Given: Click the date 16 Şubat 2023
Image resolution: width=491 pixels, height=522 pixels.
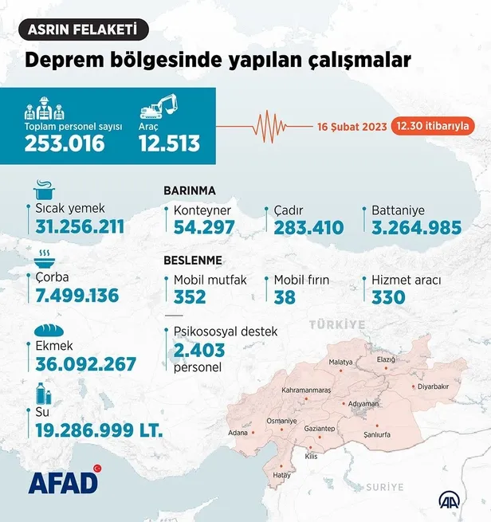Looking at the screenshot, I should pos(352,126).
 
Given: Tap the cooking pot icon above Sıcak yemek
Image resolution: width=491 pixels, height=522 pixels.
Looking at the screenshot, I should pos(43,191).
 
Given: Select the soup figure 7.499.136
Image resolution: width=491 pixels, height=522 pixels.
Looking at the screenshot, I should pos(77,296).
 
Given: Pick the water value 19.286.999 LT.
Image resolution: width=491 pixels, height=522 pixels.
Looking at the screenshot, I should pos(99,431).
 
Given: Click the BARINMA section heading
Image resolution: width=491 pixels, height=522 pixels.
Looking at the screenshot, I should pos(190,191).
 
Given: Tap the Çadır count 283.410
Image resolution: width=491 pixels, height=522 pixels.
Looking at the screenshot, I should pos(308,228).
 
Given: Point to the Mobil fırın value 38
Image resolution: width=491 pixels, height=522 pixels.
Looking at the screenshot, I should pos(285,297).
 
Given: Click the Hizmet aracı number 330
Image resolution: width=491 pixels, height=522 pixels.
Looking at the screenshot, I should pos(388,297).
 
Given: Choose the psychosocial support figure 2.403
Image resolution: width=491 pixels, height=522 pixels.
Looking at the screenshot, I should pos(199,349).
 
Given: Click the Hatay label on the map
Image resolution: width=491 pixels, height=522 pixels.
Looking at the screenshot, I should pos(282,475).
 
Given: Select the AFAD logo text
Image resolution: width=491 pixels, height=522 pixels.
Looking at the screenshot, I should pos(64,483).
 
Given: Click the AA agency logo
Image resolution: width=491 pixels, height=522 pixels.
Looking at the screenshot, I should pos(452,500).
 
